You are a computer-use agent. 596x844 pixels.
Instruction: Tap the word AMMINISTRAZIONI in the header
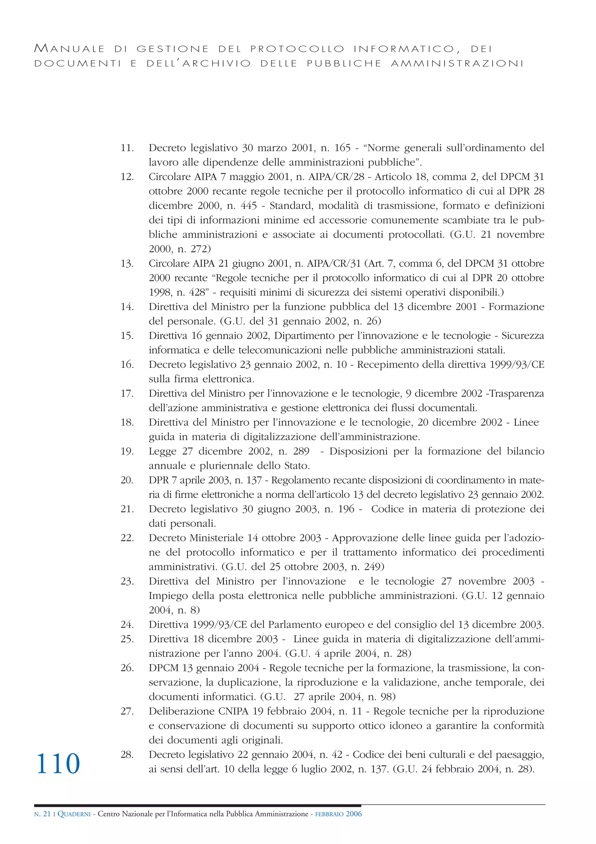457,64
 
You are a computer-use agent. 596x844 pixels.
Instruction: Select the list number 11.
127,148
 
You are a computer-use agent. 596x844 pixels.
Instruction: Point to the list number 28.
127,754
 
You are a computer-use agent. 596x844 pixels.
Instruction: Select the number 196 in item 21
346,509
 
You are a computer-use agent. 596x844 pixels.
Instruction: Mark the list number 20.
127,480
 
